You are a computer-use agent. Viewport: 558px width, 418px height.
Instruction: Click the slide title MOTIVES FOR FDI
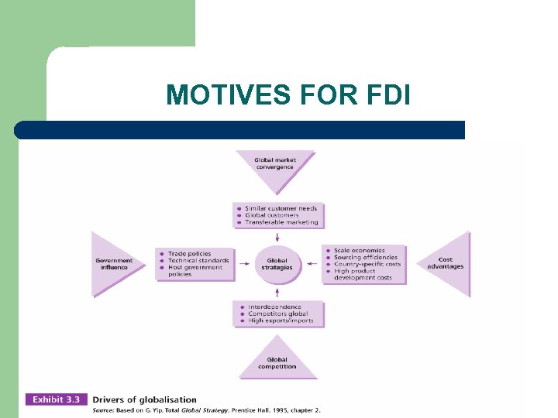(x=288, y=95)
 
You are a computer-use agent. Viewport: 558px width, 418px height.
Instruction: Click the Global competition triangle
(x=277, y=362)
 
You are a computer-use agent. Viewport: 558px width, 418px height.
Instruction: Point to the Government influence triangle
(x=113, y=264)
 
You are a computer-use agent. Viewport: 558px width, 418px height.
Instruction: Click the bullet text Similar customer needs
(x=281, y=208)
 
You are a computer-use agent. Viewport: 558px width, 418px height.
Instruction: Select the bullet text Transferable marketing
(x=281, y=222)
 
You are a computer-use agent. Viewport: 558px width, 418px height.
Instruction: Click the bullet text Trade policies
(x=189, y=253)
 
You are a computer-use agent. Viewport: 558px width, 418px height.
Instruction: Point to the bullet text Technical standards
(x=198, y=260)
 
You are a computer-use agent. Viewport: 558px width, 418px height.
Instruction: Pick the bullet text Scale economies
(x=359, y=251)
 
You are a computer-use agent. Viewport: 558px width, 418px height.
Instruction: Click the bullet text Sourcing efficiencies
(x=365, y=258)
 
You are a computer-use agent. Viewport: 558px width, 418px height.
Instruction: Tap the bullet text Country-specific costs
(x=367, y=265)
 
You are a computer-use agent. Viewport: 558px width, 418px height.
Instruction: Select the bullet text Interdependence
(x=275, y=307)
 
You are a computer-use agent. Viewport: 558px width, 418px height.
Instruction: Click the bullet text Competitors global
(x=277, y=314)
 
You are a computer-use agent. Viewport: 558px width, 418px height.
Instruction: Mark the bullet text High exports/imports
(x=281, y=320)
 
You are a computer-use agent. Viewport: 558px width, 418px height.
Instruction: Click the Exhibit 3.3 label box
(x=57, y=400)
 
